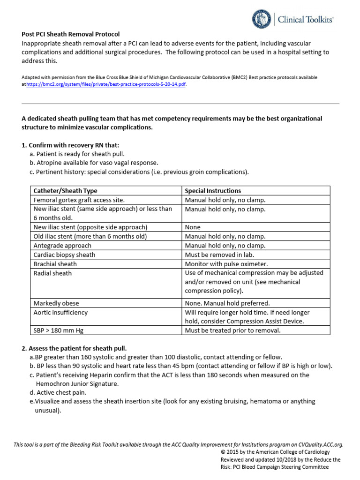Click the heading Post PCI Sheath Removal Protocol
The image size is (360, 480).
pyautogui.click(x=71, y=34)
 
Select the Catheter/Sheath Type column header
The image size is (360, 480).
pyautogui.click(x=66, y=191)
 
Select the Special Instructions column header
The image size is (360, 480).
pyautogui.click(x=213, y=191)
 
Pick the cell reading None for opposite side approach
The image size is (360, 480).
pyautogui.click(x=193, y=227)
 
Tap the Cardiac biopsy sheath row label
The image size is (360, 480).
pyautogui.click(x=64, y=255)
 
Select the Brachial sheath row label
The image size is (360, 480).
pyautogui.click(x=55, y=264)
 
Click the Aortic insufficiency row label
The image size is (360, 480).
pyautogui.click(x=60, y=312)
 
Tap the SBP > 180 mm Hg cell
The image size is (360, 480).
pyautogui.click(x=59, y=330)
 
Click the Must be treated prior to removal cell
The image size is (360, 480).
pyautogui.click(x=232, y=330)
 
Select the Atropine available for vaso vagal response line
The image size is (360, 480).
pyautogui.click(x=94, y=163)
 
